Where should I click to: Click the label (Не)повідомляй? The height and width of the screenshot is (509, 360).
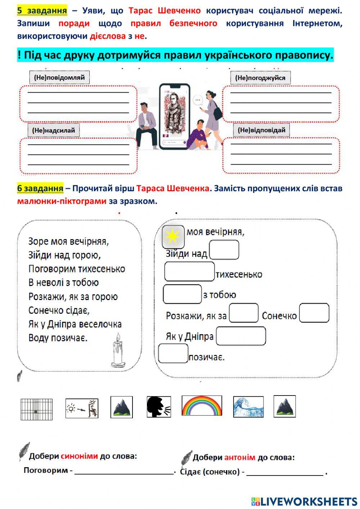click(x=59, y=77)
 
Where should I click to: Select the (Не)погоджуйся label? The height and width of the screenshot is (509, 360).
click(x=260, y=78)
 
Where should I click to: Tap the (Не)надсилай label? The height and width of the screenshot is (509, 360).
click(x=53, y=130)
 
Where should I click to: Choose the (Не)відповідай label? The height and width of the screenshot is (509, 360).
click(x=261, y=130)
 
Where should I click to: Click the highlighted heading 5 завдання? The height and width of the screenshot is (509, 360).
click(x=42, y=10)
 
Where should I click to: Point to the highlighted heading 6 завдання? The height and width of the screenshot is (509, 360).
click(x=40, y=188)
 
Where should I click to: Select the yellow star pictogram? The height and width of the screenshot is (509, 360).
click(x=173, y=236)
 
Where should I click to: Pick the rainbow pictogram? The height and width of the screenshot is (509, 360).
click(x=202, y=406)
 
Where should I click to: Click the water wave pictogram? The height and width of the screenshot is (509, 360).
click(x=248, y=407)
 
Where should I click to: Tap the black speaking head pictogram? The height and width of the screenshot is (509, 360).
click(x=159, y=407)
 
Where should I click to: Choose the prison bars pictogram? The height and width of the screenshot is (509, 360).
click(x=36, y=409)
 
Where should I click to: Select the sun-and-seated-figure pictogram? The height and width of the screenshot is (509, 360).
click(x=82, y=408)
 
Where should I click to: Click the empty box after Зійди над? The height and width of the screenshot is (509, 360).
click(x=224, y=250)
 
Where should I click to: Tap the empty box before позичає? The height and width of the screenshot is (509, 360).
click(x=173, y=353)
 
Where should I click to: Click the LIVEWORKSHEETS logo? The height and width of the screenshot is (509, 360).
click(x=304, y=501)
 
